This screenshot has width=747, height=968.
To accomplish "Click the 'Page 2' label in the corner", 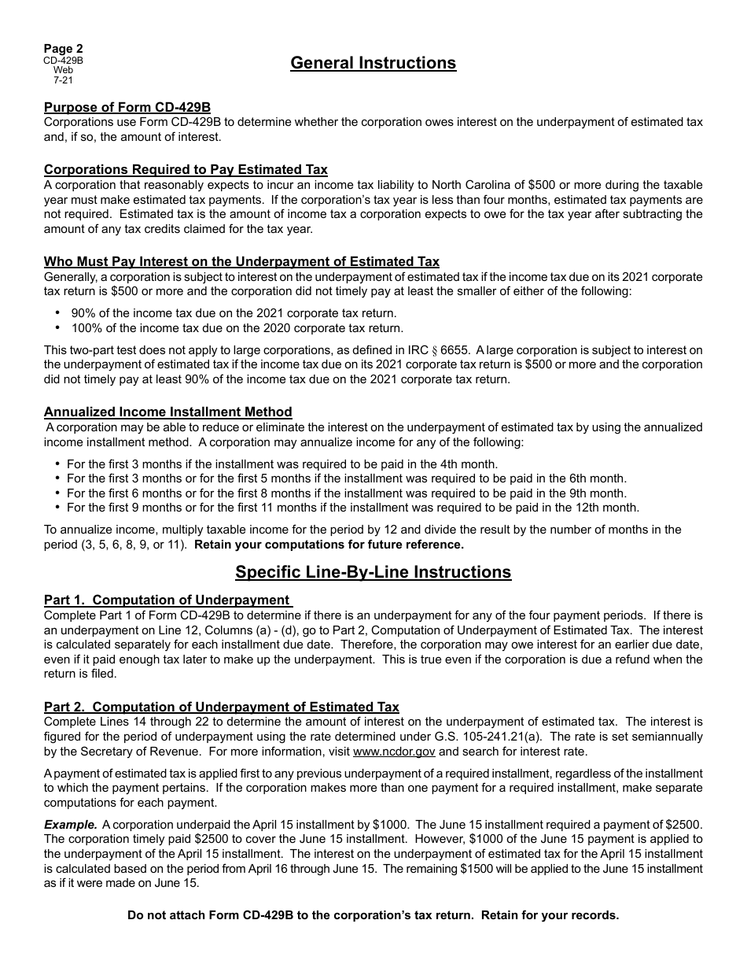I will click(63, 49).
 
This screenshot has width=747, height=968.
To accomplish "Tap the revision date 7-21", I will click(63, 79).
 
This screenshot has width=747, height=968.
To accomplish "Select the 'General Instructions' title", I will click(373, 63).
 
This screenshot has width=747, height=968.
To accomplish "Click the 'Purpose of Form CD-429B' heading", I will click(127, 108).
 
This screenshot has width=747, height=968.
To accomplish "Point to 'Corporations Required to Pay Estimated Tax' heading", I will click(186, 170).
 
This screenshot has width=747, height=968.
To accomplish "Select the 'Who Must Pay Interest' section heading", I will click(241, 262).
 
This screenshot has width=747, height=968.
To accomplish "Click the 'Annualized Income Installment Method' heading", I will click(167, 412).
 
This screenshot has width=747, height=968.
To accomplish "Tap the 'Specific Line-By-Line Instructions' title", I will click(373, 572).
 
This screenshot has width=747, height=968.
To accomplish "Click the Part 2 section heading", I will click(221, 707).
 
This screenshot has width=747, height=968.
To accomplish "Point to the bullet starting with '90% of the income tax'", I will click(234, 312).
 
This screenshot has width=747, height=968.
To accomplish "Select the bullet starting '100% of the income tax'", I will click(237, 328).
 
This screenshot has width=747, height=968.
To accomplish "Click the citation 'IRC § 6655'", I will click(546, 350).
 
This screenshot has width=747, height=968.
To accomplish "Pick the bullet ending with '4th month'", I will click(282, 464).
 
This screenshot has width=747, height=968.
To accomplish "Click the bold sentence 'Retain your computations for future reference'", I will click(329, 545).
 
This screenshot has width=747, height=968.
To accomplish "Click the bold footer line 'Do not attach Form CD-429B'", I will click(373, 915).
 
